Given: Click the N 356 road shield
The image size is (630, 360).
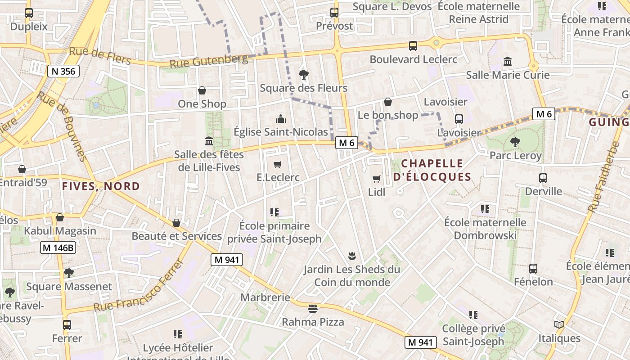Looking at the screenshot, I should tap(63, 71).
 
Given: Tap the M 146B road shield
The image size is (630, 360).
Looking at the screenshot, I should tap(58, 247).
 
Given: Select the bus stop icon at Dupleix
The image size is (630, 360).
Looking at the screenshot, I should tap(29, 13).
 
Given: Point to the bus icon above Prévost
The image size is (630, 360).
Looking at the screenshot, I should tap(334, 12).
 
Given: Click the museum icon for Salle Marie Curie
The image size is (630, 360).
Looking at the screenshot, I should tap(508, 61).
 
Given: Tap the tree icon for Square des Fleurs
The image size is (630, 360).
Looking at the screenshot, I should tap(304, 74).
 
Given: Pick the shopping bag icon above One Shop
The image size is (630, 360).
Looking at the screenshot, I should tap(202, 90).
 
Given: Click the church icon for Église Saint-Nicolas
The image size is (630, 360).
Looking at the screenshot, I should tap(281, 119).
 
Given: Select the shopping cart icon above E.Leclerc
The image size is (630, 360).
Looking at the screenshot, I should tap(278, 164).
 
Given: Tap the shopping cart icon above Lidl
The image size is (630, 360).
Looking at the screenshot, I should tap(377, 179).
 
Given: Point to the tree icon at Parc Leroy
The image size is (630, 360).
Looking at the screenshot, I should tap(515, 142).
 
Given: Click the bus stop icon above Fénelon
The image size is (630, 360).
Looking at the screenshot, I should tap(533, 269).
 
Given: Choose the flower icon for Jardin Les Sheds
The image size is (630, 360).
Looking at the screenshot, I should tap(351, 256).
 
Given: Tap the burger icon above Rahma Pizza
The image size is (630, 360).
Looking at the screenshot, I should tap(313, 309).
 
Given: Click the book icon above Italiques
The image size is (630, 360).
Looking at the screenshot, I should tap(559, 324).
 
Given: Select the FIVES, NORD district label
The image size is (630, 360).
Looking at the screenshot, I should tap(101, 186).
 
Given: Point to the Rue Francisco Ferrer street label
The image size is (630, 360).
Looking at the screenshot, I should tap(139, 287).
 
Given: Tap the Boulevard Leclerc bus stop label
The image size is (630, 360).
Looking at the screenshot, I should tap(413, 59).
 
